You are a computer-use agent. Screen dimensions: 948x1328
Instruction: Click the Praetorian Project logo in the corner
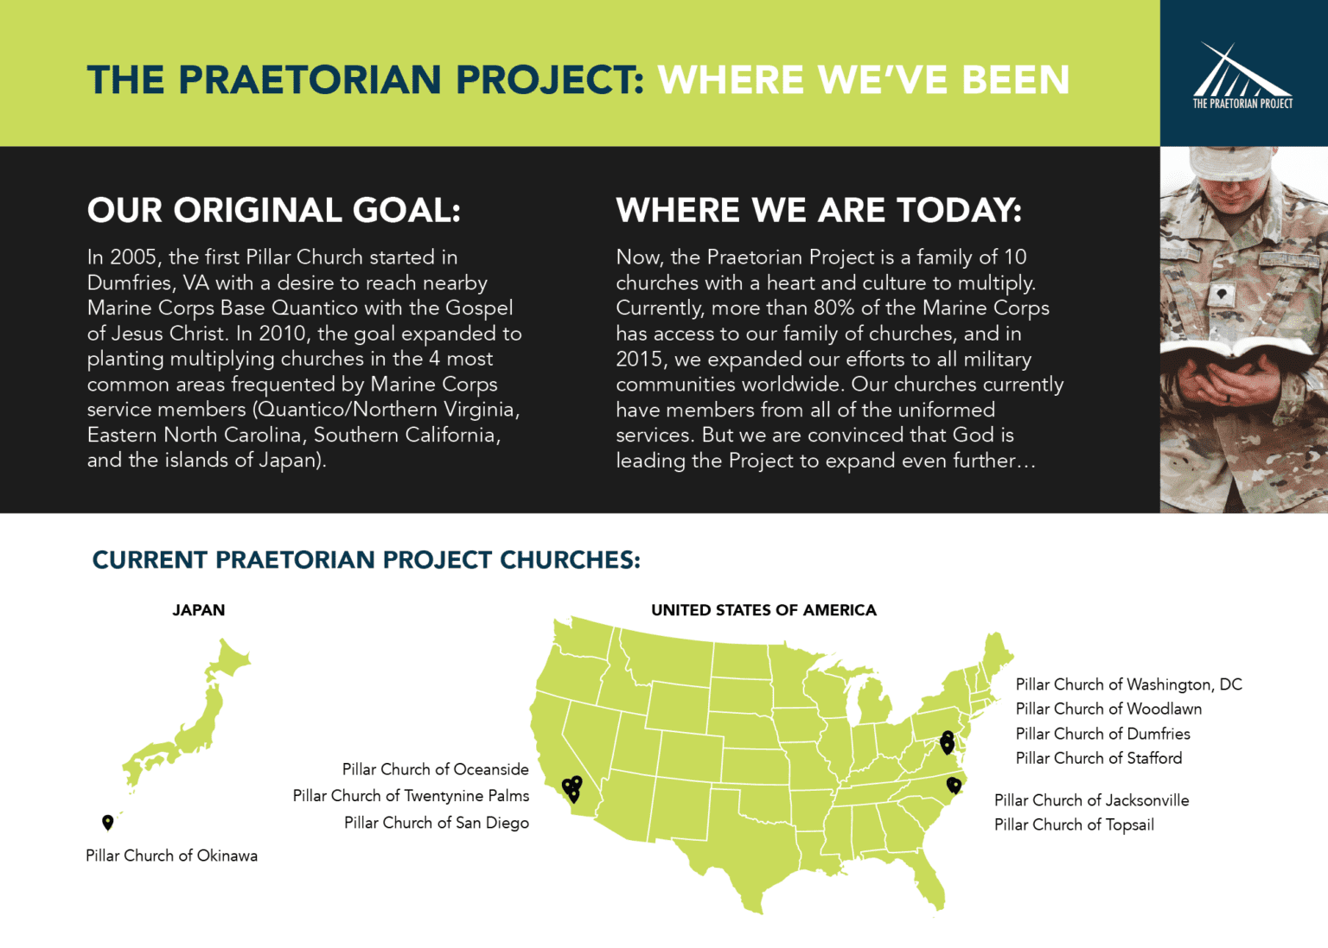click(1242, 76)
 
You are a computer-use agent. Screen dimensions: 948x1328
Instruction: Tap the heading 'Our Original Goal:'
click(274, 210)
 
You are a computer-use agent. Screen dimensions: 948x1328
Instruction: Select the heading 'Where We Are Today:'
click(818, 210)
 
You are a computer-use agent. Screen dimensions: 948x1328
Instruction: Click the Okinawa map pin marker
click(108, 821)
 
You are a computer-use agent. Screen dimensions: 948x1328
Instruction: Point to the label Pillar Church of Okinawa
click(171, 856)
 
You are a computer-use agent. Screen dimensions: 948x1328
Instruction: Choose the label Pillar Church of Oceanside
click(435, 769)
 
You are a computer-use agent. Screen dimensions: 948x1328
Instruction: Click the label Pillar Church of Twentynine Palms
click(411, 795)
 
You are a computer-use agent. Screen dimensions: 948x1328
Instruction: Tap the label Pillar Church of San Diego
click(436, 823)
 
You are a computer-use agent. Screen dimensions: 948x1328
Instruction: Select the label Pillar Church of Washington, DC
click(1128, 684)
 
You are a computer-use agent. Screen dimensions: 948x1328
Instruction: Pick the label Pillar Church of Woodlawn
click(1108, 709)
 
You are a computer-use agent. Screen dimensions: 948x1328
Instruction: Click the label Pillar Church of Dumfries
click(1102, 734)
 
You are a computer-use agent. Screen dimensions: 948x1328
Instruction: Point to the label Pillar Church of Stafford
click(1098, 758)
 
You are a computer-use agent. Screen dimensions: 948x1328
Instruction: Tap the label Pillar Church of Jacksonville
click(1091, 800)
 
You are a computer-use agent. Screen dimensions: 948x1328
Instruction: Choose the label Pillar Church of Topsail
click(1074, 824)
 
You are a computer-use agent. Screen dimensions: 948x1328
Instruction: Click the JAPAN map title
click(199, 610)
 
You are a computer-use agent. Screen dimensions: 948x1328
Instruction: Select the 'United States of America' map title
click(763, 610)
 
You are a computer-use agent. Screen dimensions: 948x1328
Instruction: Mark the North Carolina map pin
click(954, 784)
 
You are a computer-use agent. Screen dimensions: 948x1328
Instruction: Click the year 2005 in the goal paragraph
click(133, 258)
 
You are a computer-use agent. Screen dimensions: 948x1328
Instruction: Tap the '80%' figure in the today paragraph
click(832, 309)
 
